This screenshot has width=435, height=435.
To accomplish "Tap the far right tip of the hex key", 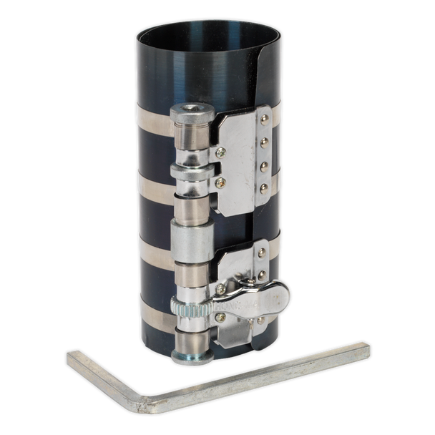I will pyautogui.click(x=367, y=351).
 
